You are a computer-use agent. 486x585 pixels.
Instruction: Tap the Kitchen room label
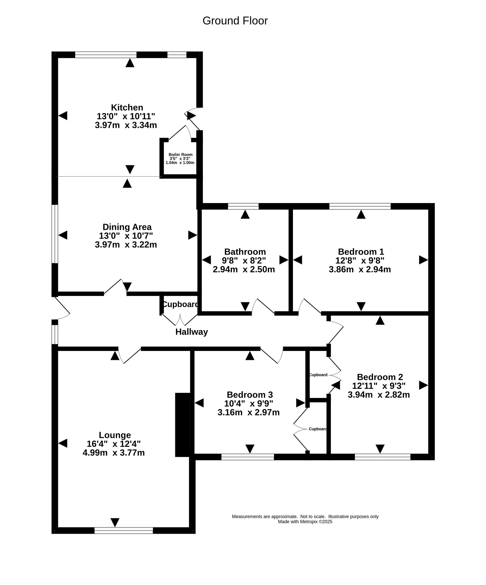click(127, 107)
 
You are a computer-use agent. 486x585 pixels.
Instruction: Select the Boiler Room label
click(180, 155)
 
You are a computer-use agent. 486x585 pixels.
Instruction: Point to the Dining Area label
click(127, 227)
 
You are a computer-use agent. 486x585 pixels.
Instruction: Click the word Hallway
click(192, 332)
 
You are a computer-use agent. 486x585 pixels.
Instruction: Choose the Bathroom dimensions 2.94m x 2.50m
click(244, 269)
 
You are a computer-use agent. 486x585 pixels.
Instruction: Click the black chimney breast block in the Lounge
click(183, 425)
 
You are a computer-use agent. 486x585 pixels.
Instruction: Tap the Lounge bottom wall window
click(124, 530)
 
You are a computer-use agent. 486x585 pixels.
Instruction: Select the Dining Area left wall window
click(55, 234)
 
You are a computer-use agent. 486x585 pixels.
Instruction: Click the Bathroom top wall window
click(243, 206)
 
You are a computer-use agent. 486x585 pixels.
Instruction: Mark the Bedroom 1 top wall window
click(360, 206)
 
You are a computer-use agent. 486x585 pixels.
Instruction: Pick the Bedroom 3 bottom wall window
click(248, 457)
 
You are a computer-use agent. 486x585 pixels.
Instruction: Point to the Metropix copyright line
click(305, 522)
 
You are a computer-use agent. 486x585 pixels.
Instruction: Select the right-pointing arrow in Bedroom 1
click(423, 260)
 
